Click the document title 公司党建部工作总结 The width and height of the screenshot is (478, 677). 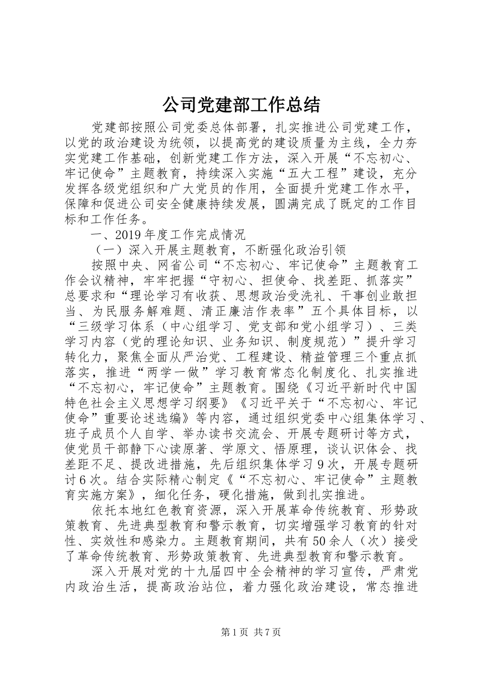tap(241, 105)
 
